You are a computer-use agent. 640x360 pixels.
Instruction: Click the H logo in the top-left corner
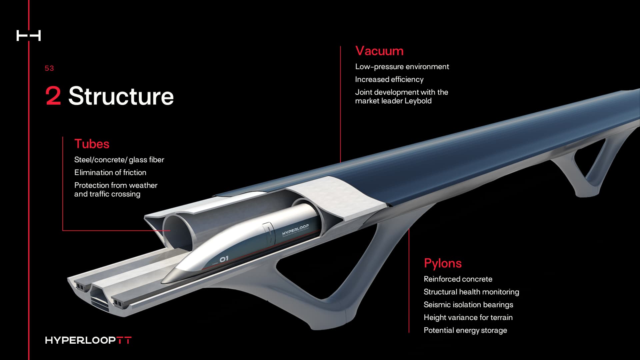coord(29,36)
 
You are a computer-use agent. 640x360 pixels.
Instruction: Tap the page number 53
coord(49,68)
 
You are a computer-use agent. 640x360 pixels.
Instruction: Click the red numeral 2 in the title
coord(53,96)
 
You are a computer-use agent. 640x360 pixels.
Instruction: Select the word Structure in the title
coord(121,96)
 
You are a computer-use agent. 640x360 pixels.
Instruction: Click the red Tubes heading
coord(92,144)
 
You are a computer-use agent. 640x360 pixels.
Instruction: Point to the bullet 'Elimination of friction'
coord(110,173)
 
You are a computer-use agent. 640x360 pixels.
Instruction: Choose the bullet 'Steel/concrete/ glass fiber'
coord(119,160)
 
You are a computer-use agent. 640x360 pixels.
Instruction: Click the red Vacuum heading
coord(379,51)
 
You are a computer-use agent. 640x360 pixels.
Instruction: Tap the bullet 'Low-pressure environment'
coord(402,67)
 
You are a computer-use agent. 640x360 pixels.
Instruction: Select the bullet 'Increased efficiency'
coord(389,79)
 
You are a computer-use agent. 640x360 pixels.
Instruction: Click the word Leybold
coord(418,101)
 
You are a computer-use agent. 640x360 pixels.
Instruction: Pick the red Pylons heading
coord(443,263)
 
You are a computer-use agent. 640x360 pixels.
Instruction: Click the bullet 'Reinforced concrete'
coord(458,279)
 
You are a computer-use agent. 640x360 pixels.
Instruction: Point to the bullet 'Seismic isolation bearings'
coord(468,305)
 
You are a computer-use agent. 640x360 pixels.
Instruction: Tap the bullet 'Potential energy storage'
coord(465,330)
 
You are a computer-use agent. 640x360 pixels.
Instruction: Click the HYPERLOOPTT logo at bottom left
coord(88,340)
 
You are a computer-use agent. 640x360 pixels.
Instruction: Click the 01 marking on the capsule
coord(224,259)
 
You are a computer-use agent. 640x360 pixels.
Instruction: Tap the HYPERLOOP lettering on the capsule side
coord(295,230)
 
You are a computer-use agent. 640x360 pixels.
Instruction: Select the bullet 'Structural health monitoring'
coord(471,292)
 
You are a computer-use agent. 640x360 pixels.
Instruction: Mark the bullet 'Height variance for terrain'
coord(468,317)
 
